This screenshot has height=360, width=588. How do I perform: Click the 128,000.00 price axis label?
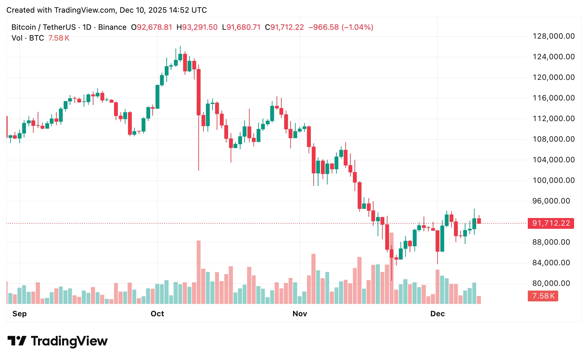[x=553, y=36]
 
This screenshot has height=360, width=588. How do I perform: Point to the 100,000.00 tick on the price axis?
[x=553, y=180]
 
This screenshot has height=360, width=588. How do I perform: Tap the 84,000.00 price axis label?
[x=551, y=263]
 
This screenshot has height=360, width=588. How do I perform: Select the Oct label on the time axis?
[x=157, y=314]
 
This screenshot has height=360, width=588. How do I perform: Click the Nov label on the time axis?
[x=300, y=314]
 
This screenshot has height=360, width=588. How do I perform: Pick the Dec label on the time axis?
[x=438, y=314]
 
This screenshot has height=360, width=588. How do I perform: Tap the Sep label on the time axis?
[x=19, y=314]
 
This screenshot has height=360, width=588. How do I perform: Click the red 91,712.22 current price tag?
[x=551, y=223]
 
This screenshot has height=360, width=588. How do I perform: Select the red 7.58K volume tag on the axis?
[x=543, y=296]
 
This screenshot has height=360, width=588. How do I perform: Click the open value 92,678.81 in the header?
[x=154, y=27]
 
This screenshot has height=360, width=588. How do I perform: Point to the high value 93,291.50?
[x=200, y=27]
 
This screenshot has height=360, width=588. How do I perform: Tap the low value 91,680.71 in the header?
[x=243, y=27]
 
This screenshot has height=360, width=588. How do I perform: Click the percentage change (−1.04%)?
[x=357, y=27]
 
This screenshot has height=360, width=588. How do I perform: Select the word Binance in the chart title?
[x=112, y=27]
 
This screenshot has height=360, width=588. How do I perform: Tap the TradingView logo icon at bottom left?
[x=17, y=341]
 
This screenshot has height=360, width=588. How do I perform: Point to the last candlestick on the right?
[x=479, y=221]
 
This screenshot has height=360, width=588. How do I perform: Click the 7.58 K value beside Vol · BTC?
[x=59, y=38]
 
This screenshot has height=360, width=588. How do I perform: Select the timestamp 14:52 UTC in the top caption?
[x=188, y=10]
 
